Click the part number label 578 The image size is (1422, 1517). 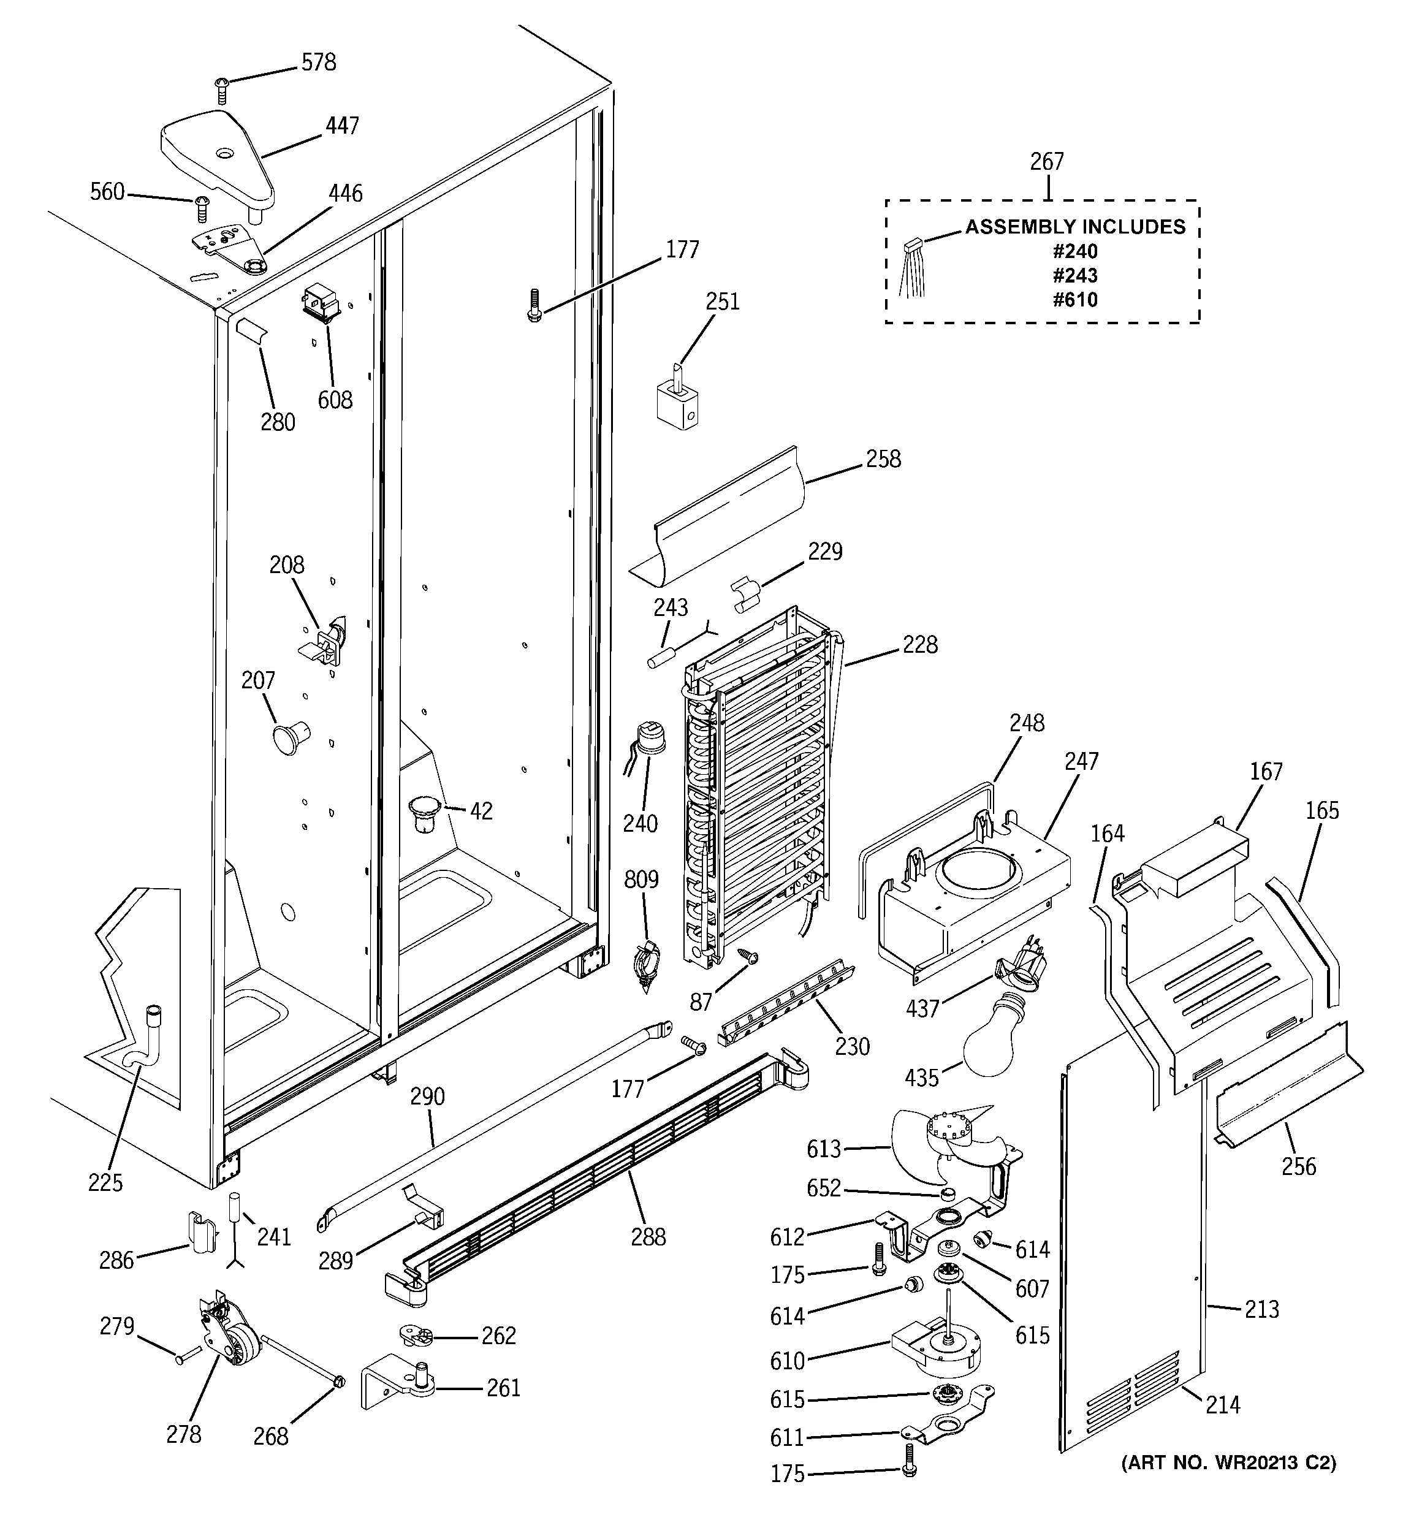pos(318,62)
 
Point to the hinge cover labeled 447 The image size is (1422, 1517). pos(218,156)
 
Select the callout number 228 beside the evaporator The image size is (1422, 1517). pos(920,645)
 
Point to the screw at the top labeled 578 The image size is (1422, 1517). pos(222,89)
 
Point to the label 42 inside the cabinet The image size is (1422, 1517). pos(481,810)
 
